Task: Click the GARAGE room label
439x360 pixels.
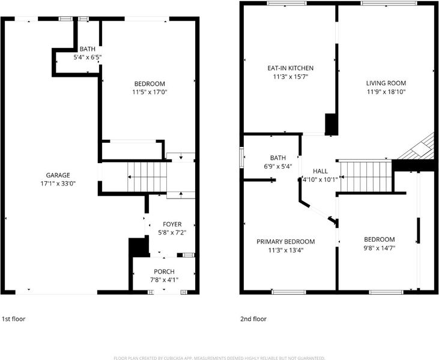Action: point(58,175)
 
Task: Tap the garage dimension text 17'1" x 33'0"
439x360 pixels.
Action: point(58,184)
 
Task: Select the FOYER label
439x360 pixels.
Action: point(172,224)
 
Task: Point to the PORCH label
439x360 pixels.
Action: point(164,272)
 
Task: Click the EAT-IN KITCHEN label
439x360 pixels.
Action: point(291,68)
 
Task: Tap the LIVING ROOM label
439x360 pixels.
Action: point(386,83)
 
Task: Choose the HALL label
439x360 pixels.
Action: point(320,171)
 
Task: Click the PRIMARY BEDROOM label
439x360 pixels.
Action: point(286,242)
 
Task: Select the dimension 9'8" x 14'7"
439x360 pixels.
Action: point(380,248)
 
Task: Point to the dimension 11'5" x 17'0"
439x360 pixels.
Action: point(150,92)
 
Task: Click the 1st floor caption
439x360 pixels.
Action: point(14,319)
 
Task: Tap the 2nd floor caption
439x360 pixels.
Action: point(253,319)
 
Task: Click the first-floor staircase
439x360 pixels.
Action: point(147,177)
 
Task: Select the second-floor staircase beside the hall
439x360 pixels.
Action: point(366,177)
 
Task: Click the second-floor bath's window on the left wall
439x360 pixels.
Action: point(241,158)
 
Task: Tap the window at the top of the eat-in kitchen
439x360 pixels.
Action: point(286,4)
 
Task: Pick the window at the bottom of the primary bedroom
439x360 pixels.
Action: point(289,292)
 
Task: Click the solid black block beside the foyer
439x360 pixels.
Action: point(138,247)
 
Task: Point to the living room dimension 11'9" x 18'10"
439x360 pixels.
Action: point(386,92)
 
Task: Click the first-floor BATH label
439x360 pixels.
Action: point(87,49)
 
